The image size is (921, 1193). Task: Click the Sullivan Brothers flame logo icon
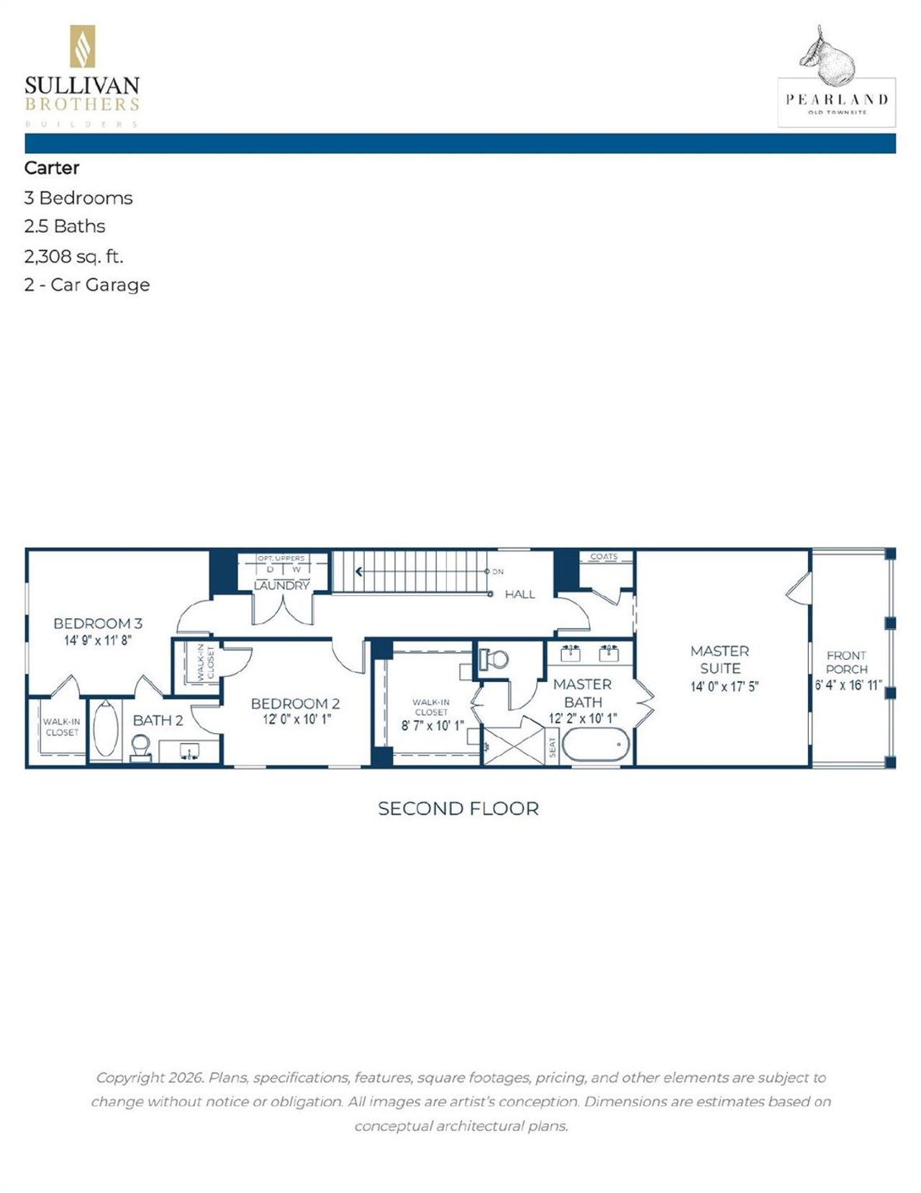click(x=82, y=47)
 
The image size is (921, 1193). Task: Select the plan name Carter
click(x=52, y=168)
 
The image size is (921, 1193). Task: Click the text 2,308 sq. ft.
click(x=73, y=255)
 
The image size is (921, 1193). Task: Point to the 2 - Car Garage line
click(x=86, y=285)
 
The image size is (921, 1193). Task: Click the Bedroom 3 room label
click(x=98, y=623)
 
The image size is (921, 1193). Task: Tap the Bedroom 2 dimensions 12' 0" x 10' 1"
click(x=296, y=719)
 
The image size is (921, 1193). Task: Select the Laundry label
click(x=281, y=586)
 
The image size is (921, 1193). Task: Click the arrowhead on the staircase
click(x=358, y=572)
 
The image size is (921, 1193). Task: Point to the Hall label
click(x=520, y=594)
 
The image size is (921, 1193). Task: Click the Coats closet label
click(x=604, y=556)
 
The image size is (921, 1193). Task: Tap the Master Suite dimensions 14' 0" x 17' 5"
click(x=724, y=686)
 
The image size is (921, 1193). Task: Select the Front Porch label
click(x=846, y=662)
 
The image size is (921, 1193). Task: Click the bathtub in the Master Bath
click(x=596, y=745)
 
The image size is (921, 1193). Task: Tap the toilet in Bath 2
click(x=140, y=745)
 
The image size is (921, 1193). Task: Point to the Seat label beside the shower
click(x=553, y=747)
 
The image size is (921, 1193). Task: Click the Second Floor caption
click(x=458, y=809)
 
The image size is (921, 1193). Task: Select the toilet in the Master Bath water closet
click(x=496, y=658)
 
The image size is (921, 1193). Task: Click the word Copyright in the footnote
click(x=130, y=1077)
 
